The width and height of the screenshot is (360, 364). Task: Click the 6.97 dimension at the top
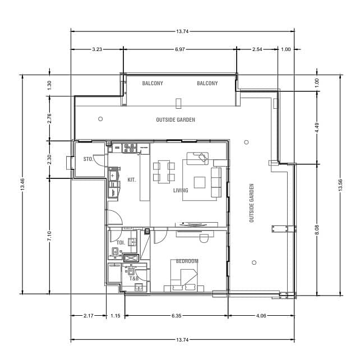(x=180, y=49)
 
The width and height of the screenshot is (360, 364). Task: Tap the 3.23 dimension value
(x=97, y=49)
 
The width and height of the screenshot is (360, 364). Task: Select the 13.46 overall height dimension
(x=22, y=185)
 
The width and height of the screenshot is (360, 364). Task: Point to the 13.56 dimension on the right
(x=340, y=185)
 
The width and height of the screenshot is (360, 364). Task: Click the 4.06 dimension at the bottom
(x=261, y=315)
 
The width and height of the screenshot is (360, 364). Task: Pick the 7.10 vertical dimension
(x=49, y=236)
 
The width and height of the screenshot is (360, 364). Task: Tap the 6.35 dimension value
(x=177, y=315)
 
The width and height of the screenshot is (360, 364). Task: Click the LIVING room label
(x=181, y=190)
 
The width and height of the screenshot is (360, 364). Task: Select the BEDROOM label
(x=187, y=261)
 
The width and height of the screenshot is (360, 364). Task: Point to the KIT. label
(x=132, y=179)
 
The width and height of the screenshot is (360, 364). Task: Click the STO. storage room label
(x=88, y=159)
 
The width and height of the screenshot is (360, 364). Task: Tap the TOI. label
(x=121, y=243)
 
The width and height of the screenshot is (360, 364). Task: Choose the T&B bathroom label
(x=134, y=278)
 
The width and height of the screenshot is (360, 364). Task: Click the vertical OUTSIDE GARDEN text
(x=251, y=203)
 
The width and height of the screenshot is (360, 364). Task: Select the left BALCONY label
(x=153, y=84)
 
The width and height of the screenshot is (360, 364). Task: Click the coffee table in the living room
(x=200, y=182)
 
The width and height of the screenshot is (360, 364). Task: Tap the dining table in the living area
(x=164, y=172)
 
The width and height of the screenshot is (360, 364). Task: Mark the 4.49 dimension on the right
(x=317, y=128)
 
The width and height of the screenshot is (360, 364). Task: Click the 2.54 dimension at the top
(x=257, y=49)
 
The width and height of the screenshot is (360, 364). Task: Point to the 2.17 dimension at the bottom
(x=89, y=315)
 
